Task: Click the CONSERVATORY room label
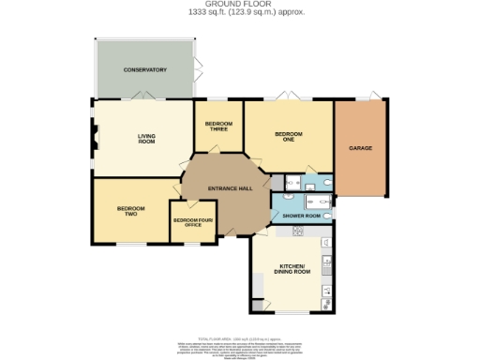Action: [145, 70]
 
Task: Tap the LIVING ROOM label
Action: [146, 139]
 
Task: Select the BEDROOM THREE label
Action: [218, 127]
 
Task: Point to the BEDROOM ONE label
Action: [288, 136]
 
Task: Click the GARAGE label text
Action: [361, 148]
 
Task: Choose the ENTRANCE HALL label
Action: [230, 188]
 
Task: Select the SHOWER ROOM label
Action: [302, 216]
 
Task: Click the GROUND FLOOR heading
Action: [241, 4]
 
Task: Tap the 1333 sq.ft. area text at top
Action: [241, 11]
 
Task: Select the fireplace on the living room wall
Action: [94, 138]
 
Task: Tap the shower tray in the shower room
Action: [285, 201]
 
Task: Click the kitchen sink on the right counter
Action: [327, 263]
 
